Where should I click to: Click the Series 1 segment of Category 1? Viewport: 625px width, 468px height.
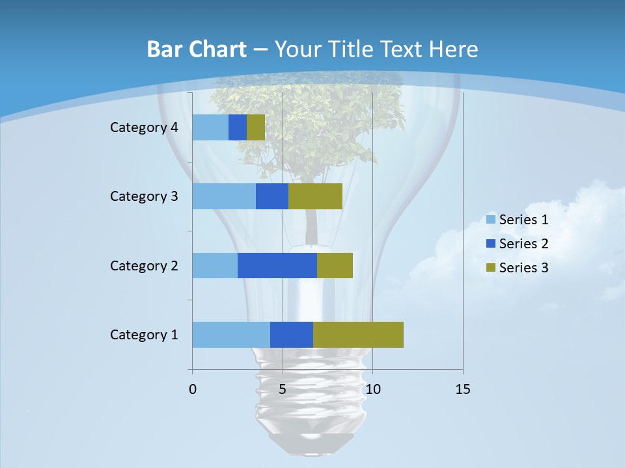point(231,335)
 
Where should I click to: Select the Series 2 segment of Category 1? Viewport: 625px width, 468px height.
point(292,335)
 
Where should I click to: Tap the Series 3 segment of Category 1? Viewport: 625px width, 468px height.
point(358,335)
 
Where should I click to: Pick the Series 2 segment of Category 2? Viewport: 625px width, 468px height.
point(277,265)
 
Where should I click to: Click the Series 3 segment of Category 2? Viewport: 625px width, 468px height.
point(335,265)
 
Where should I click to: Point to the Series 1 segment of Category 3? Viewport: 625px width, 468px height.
point(224,196)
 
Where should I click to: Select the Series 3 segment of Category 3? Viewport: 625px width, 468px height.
point(315,196)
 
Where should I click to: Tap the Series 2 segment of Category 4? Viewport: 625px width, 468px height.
point(238,127)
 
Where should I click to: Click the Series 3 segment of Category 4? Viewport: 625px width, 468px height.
point(256,127)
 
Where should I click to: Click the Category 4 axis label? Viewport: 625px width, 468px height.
point(144,127)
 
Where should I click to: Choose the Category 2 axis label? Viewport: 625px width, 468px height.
point(144,265)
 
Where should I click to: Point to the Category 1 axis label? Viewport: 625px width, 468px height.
point(144,335)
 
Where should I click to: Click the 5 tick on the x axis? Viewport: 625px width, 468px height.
point(283,389)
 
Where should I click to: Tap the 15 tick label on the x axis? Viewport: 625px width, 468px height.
point(463,389)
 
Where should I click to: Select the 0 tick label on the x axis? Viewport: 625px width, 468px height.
point(193,389)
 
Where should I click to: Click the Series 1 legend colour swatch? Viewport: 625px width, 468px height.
point(491,220)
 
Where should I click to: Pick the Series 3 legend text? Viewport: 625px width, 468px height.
point(523,267)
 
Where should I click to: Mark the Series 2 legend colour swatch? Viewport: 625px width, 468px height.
point(491,244)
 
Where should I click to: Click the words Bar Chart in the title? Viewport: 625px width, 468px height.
point(197,49)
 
